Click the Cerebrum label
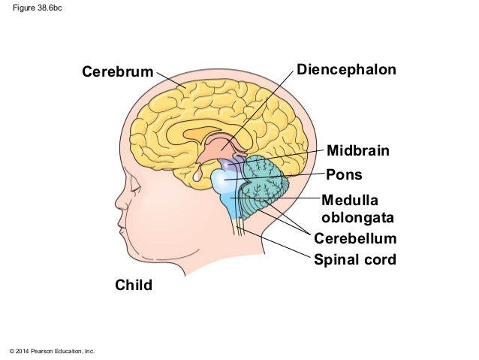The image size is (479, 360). (116, 72)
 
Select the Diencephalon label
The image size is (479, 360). (346, 70)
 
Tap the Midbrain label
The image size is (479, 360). (358, 151)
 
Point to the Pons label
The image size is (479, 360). (344, 175)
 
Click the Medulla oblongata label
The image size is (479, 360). (357, 208)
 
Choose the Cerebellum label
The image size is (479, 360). (354, 239)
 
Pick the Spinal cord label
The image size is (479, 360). (354, 260)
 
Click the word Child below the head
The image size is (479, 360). (133, 285)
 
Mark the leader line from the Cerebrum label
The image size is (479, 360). (171, 80)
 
